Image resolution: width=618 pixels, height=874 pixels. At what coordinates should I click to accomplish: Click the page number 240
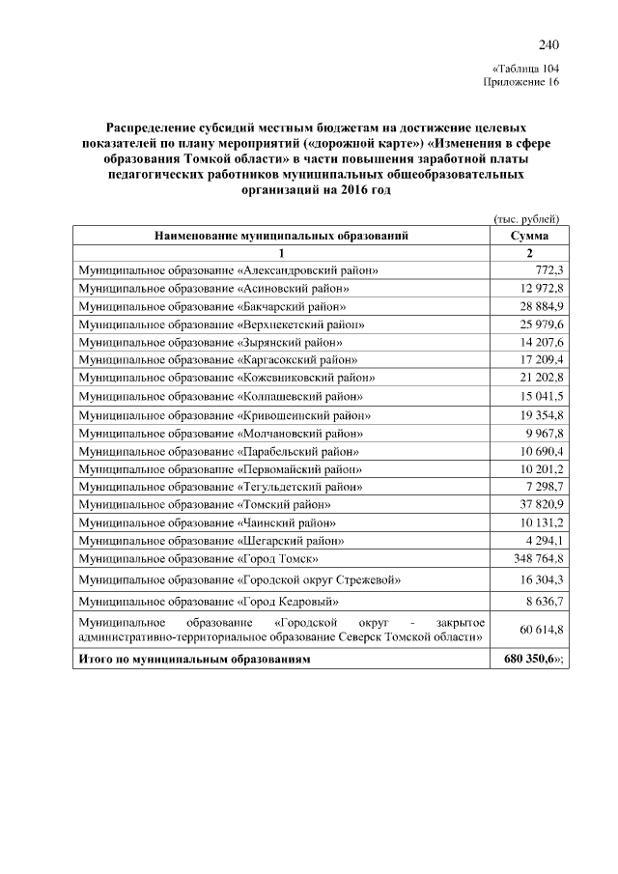[548, 44]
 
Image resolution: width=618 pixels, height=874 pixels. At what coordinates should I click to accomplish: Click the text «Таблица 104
[525, 69]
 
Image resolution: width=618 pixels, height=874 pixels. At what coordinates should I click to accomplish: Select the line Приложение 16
[520, 83]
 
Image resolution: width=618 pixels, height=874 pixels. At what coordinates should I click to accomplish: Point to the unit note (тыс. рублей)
[526, 218]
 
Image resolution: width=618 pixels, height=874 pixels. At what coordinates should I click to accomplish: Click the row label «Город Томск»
[199, 558]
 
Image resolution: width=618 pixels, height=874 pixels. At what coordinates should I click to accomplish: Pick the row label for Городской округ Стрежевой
[239, 579]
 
